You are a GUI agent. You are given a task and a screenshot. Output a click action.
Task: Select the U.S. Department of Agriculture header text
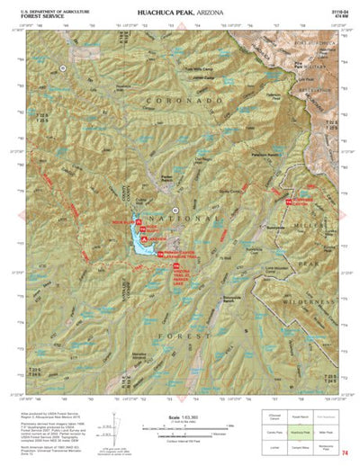tap(42, 10)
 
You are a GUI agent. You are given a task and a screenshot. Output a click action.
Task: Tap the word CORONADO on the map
tap(193, 128)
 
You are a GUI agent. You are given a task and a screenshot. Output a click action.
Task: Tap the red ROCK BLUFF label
tap(121, 221)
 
